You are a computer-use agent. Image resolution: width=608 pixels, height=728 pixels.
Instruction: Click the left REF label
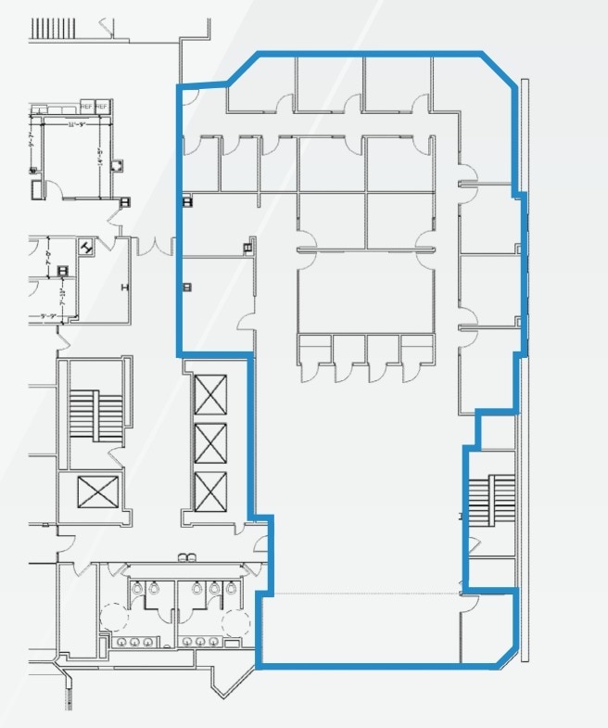(x=88, y=105)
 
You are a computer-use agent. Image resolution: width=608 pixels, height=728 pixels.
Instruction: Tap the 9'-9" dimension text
(x=48, y=316)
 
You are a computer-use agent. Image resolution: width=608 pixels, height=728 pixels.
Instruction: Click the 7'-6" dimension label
(x=48, y=252)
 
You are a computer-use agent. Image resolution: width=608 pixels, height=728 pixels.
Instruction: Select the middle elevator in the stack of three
(x=211, y=441)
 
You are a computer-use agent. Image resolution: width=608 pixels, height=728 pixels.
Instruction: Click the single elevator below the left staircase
(x=97, y=491)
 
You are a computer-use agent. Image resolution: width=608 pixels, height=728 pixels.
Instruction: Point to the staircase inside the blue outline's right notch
(x=489, y=500)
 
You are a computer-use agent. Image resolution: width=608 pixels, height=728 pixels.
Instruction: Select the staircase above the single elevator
(x=96, y=416)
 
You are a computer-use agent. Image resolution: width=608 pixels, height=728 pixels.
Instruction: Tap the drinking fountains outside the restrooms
(x=189, y=556)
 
